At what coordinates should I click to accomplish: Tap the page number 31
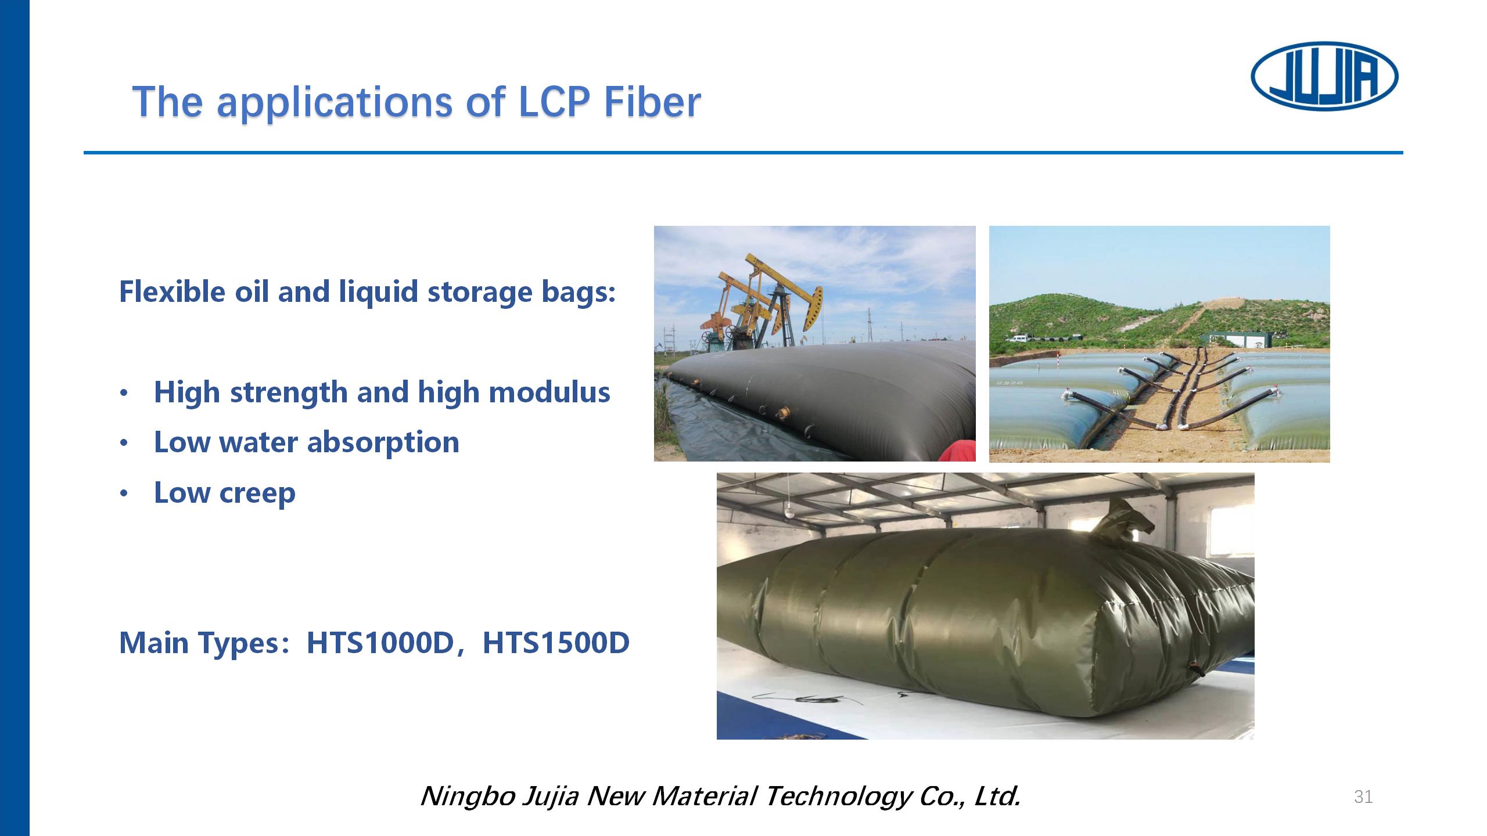[x=1363, y=797]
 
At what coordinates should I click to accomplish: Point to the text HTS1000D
[x=379, y=643]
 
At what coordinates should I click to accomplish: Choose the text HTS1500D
[x=556, y=643]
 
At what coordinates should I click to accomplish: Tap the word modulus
[x=549, y=392]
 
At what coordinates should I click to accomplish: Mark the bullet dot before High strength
[x=123, y=394]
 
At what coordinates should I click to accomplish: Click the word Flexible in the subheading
[x=172, y=291]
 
